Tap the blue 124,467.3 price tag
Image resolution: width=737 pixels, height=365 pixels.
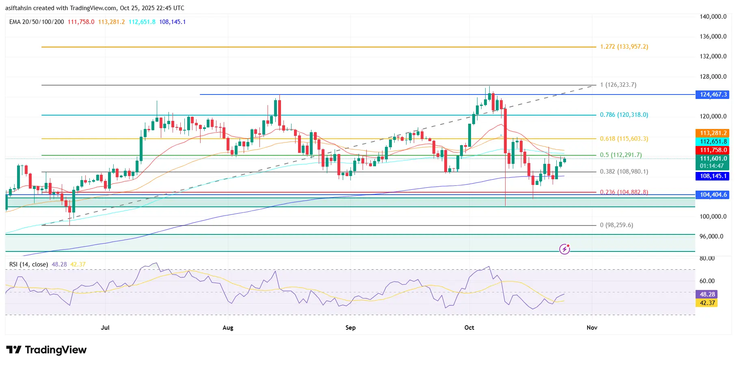coord(713,94)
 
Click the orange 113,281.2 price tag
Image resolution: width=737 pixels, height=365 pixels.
coord(713,133)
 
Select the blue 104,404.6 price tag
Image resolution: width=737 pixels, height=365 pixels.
coord(713,195)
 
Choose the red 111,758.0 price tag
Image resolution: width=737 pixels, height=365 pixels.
coord(713,150)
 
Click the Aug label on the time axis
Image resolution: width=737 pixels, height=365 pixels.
coord(228,328)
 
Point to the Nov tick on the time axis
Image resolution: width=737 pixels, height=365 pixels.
coord(592,328)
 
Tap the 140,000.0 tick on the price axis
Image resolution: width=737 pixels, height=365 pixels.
coord(713,17)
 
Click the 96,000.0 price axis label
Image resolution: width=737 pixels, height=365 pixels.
coord(711,236)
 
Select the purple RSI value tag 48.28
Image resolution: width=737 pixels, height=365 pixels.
coord(707,294)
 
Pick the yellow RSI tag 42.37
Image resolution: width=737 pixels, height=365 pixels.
coord(707,303)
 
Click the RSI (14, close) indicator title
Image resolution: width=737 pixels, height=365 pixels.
coord(28,264)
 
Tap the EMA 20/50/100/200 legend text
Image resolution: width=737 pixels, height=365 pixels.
coord(37,22)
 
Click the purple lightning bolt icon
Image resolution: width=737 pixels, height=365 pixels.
coord(564,249)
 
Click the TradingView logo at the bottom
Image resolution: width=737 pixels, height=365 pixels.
coord(46,350)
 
